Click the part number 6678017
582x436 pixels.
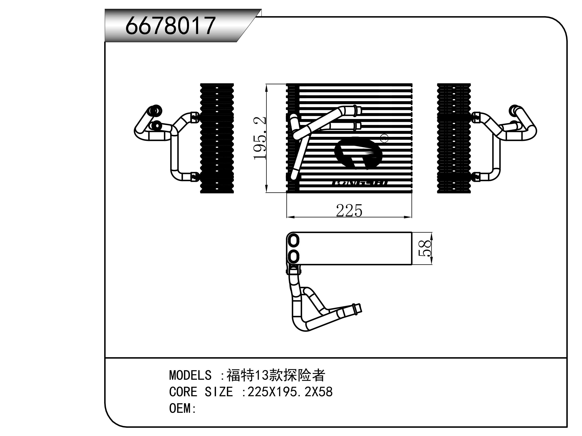(171, 25)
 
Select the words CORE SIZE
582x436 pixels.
(201, 392)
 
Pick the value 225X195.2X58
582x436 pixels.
(290, 392)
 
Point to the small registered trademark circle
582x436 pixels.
(384, 139)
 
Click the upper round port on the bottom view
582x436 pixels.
(294, 241)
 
